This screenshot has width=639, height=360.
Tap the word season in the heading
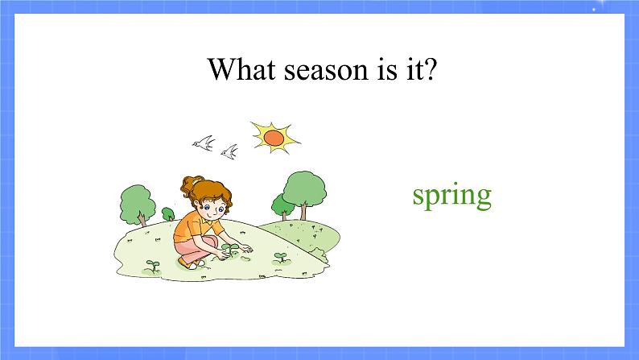pyautogui.click(x=326, y=72)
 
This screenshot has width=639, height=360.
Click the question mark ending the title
pyautogui.click(x=428, y=68)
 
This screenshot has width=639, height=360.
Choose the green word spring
pyautogui.click(x=452, y=197)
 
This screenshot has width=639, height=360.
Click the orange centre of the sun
pyautogui.click(x=274, y=138)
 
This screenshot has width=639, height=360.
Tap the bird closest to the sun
pyautogui.click(x=229, y=151)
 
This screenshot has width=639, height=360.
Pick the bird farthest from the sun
pyautogui.click(x=204, y=143)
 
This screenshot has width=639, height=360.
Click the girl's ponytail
pyautogui.click(x=188, y=185)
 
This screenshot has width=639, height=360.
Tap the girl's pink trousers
pyautogui.click(x=196, y=250)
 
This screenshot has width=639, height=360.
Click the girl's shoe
pyautogui.click(x=188, y=264)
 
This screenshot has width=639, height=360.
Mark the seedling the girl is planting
pyautogui.click(x=230, y=250)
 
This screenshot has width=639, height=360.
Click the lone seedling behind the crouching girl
pyautogui.click(x=153, y=267)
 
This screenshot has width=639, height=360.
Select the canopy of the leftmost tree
pyautogui.click(x=138, y=204)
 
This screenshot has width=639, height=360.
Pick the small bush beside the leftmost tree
pyautogui.click(x=168, y=214)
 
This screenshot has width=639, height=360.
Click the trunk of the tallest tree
pyautogui.click(x=303, y=211)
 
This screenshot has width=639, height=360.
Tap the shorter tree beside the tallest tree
pyautogui.click(x=282, y=207)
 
